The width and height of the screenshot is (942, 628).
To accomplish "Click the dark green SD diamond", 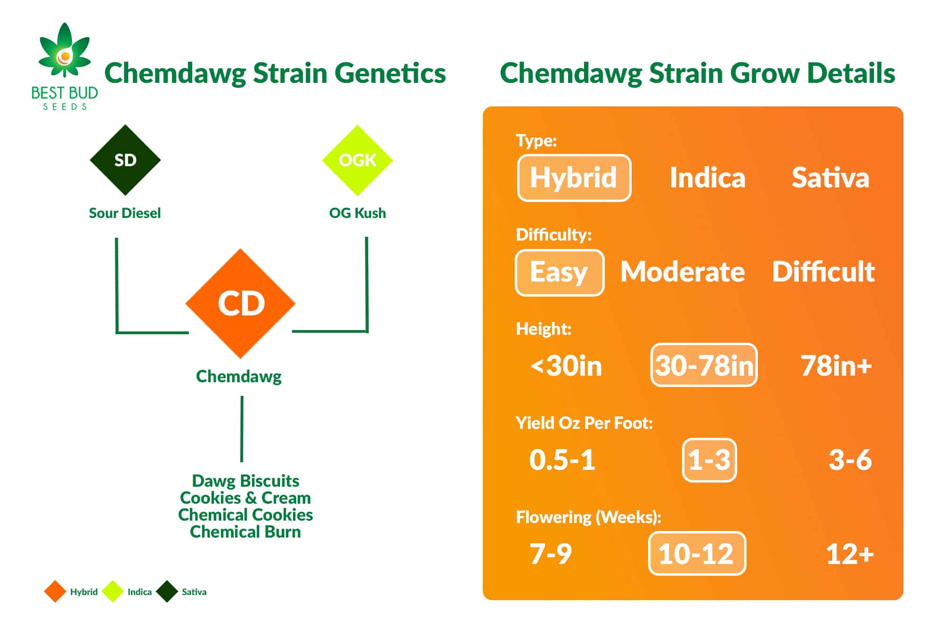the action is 125,160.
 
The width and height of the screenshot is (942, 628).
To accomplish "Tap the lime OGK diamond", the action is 357,160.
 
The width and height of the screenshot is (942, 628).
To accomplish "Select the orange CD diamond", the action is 241,304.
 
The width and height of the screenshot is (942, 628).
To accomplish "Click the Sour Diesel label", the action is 125,213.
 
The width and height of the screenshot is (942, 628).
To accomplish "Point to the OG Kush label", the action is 357,213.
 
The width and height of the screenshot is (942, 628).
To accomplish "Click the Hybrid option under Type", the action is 574,178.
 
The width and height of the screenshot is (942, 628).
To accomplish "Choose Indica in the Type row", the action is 707,178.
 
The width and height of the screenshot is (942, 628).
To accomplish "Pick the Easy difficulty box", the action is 560,273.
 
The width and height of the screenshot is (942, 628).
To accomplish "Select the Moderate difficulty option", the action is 682,272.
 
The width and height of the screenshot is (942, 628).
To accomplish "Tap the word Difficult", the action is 823,272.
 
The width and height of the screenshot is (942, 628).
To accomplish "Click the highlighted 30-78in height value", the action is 704,365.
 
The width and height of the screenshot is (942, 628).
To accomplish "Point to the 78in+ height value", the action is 836,366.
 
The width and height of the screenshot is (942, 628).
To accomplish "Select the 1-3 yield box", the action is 709,460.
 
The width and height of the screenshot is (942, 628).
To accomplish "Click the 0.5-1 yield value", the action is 562,460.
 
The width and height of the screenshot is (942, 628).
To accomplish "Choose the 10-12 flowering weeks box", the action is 697,554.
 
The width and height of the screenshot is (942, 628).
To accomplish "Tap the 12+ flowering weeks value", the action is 850,554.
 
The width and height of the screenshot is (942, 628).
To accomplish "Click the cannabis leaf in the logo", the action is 65,51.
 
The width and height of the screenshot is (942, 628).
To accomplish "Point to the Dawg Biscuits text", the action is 245,481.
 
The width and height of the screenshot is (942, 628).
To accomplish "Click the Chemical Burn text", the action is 245,532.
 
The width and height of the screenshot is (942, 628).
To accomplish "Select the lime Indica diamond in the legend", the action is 113,592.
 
